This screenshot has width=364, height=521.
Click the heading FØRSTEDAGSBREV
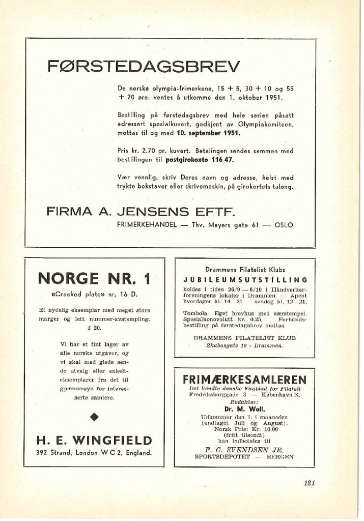click(x=143, y=66)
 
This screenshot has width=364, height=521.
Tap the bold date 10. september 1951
click(x=205, y=133)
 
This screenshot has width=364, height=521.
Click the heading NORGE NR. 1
click(x=94, y=278)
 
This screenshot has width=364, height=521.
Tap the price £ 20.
click(x=94, y=328)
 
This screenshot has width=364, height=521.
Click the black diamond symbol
click(x=94, y=418)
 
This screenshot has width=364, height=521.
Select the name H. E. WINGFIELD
click(x=94, y=440)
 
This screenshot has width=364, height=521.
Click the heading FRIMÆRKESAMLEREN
click(x=244, y=380)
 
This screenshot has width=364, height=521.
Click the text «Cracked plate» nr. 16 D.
click(x=94, y=295)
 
